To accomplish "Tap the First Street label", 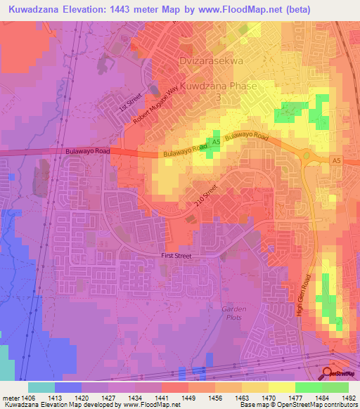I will (x=176, y=257).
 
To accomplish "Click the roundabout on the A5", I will (x=307, y=155).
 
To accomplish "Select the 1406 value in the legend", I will (x=27, y=398).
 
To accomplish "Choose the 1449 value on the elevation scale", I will (x=188, y=398).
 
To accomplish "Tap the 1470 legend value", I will (x=268, y=398).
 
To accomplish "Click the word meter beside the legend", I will (x=10, y=398).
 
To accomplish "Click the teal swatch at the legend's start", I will (x=41, y=387).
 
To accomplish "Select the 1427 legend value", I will (x=108, y=398).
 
